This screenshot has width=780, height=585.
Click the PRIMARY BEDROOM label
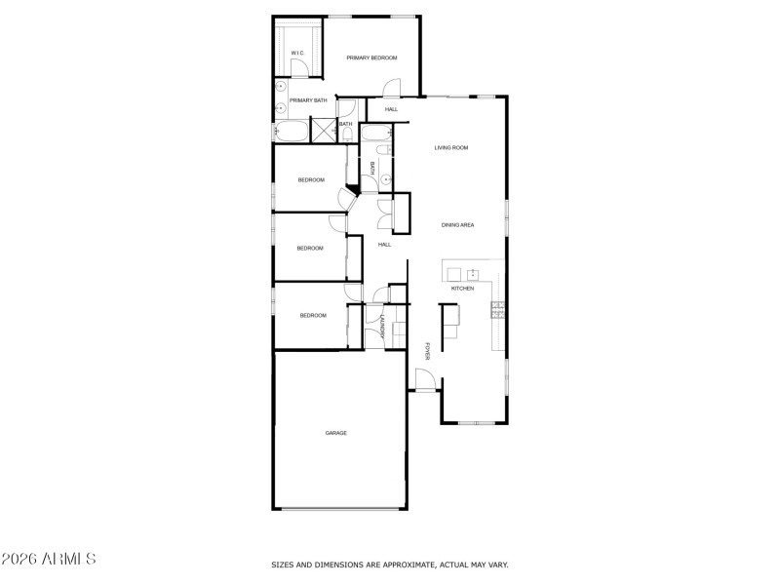[x=372, y=58]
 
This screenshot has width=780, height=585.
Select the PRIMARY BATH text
[x=308, y=100]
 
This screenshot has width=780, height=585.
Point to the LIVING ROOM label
[x=451, y=147]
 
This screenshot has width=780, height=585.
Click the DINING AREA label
[x=457, y=225]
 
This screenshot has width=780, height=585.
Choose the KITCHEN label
[x=462, y=290]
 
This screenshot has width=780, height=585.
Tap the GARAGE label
[x=336, y=433]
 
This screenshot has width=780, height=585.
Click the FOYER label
[x=427, y=351]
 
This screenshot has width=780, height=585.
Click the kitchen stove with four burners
[x=497, y=310]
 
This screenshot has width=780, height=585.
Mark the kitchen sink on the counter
[x=473, y=272]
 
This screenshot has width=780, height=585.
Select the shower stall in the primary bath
[x=322, y=130]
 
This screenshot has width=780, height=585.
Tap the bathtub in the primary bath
[x=290, y=131]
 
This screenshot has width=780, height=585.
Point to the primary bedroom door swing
[x=391, y=89]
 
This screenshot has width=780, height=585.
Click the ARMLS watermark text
[x=49, y=560]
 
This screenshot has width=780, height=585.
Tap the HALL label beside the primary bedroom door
[x=391, y=109]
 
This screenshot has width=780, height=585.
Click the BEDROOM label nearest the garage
[x=313, y=315]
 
